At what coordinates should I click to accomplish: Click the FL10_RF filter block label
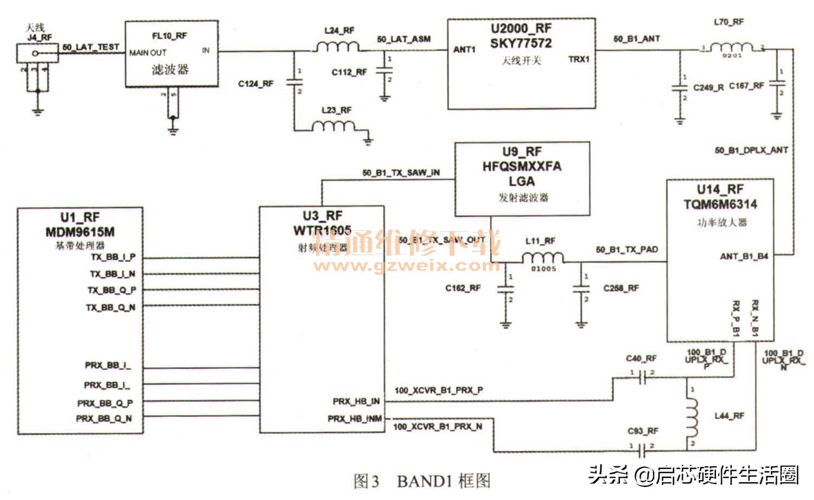pyautogui.click(x=169, y=36)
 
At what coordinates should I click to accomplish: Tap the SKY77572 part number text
pyautogui.click(x=521, y=43)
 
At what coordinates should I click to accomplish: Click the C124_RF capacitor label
pyautogui.click(x=255, y=83)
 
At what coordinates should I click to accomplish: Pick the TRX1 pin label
pyautogui.click(x=579, y=60)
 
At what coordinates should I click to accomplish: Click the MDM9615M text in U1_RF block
pyautogui.click(x=80, y=232)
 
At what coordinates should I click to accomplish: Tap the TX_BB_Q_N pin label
pyautogui.click(x=111, y=307)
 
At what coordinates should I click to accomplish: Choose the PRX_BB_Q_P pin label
pyautogui.click(x=105, y=403)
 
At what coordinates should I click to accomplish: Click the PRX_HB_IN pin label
pyautogui.click(x=356, y=401)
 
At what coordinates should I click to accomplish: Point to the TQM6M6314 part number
pyautogui.click(x=720, y=204)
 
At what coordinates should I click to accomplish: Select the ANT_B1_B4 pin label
pyautogui.click(x=744, y=256)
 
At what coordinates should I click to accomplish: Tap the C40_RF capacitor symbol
pyautogui.click(x=642, y=378)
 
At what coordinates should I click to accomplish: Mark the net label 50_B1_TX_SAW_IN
pyautogui.click(x=401, y=173)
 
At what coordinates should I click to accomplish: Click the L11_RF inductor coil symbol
pyautogui.click(x=542, y=258)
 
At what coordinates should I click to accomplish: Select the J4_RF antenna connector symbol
pyautogui.click(x=36, y=54)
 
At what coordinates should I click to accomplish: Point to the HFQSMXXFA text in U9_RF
pyautogui.click(x=521, y=166)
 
